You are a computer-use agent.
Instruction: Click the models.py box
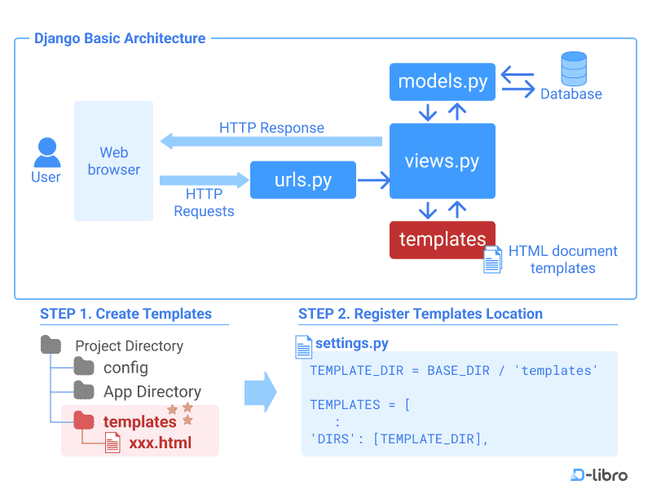[443, 82]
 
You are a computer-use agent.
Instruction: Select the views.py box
[443, 161]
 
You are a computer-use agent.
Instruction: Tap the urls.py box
[302, 180]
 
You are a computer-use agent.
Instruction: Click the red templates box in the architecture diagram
[443, 240]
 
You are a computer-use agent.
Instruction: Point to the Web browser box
[113, 161]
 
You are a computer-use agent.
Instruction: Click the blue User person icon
[46, 152]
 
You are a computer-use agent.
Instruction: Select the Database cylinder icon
[573, 68]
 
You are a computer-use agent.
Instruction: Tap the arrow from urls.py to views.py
[373, 180]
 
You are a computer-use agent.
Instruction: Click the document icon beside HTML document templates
[492, 260]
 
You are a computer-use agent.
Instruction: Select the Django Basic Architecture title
[120, 38]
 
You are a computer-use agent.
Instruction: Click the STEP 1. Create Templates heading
[126, 314]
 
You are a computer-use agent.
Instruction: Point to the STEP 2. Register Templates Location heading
[420, 314]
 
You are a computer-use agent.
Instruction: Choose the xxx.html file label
[160, 444]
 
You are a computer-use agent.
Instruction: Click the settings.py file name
[351, 343]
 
